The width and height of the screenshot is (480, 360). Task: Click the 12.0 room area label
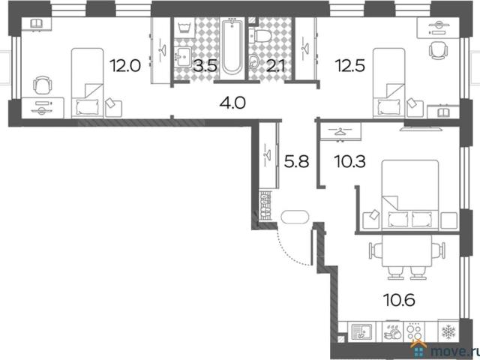[x=125, y=66]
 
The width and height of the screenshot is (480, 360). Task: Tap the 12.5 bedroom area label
[x=350, y=66]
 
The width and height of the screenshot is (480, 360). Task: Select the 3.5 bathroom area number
[x=205, y=66]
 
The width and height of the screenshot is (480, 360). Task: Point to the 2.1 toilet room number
[x=275, y=66]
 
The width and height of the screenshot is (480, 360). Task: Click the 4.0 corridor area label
[x=232, y=103]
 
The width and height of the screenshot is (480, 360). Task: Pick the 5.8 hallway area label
[x=296, y=162]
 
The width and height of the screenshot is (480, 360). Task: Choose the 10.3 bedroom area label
[x=350, y=162]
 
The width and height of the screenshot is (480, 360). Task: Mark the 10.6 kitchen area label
[x=399, y=300]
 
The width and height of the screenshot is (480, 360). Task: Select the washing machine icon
[x=184, y=28]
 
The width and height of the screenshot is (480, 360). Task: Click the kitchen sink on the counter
[x=361, y=331]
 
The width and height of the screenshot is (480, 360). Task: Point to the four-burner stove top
[x=415, y=331]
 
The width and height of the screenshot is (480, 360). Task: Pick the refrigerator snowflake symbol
[x=448, y=331]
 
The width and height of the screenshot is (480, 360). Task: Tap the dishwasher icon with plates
[x=393, y=331]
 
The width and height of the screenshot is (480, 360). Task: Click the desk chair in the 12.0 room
[x=42, y=85]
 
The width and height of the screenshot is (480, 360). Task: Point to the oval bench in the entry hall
[x=295, y=217]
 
